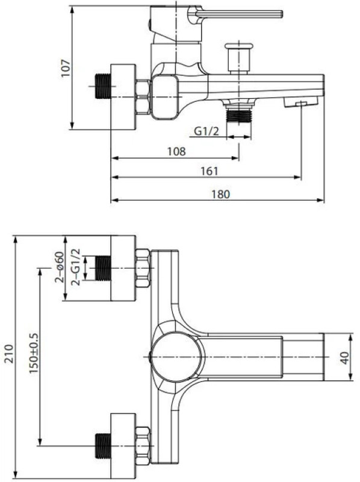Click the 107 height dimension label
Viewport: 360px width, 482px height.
coord(66,68)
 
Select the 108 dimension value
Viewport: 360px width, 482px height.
coord(176,151)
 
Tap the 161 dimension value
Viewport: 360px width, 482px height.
coord(209,171)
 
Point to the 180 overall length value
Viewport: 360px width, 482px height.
coord(220,194)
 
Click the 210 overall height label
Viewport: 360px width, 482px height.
coord(9,354)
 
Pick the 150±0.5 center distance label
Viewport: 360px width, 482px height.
coord(34,354)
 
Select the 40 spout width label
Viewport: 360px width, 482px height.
coord(345,358)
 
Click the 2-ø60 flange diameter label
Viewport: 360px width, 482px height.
coord(59,267)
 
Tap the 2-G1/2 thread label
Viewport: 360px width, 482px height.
coord(75,267)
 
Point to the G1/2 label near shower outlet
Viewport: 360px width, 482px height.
coord(206,131)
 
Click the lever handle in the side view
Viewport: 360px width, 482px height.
coord(239,14)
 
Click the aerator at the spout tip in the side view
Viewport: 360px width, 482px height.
coord(301,102)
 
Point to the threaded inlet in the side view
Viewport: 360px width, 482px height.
coord(102,86)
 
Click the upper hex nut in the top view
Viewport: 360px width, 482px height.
coord(143,268)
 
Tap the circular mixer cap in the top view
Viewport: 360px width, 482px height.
coord(178,357)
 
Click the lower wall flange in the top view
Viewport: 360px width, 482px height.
coord(123,446)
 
